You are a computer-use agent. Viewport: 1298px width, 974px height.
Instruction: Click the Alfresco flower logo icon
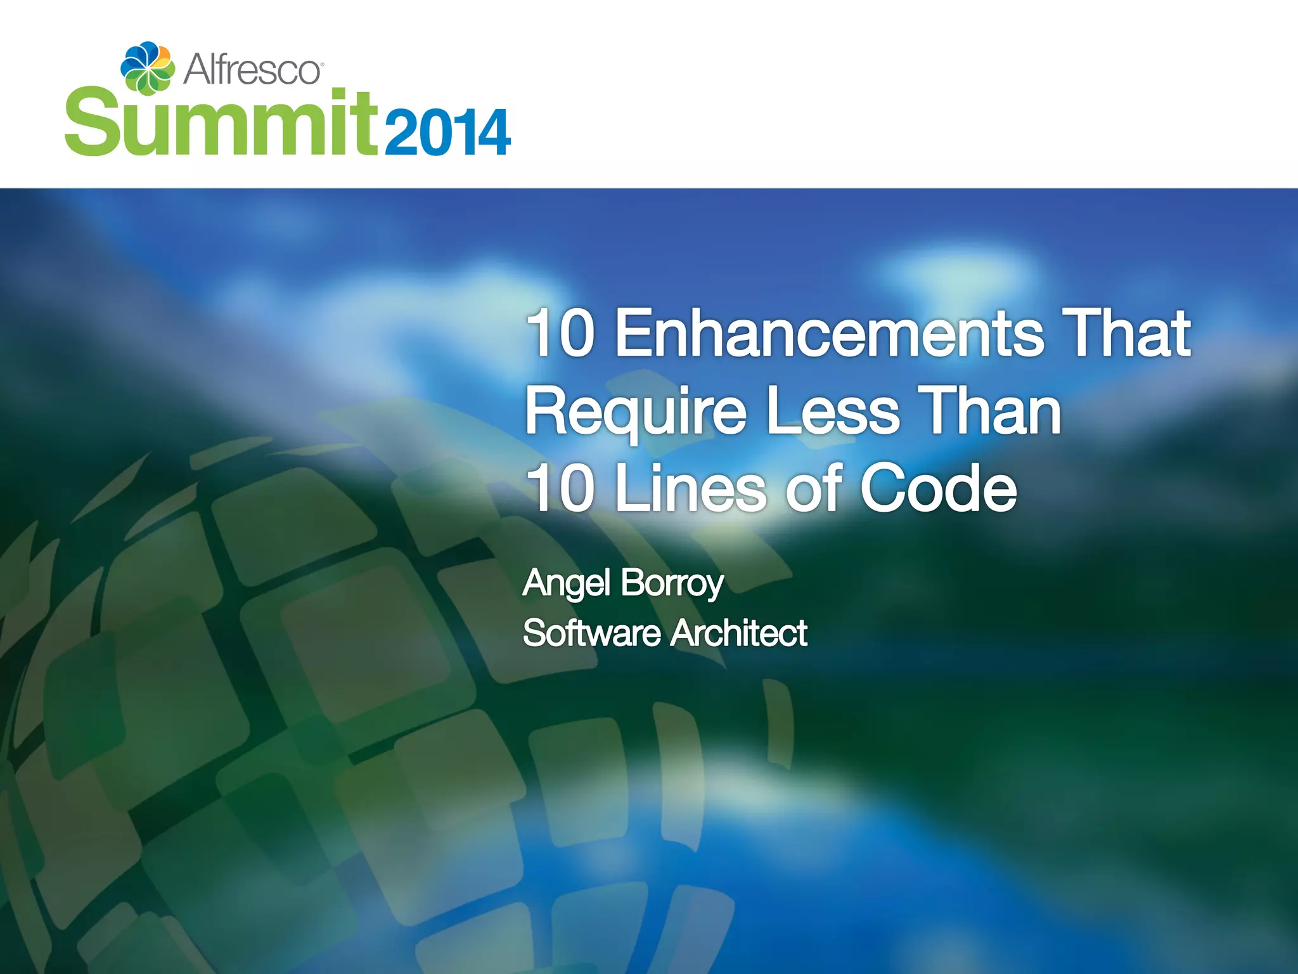[147, 67]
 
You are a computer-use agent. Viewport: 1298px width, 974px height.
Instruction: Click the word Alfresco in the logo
[252, 69]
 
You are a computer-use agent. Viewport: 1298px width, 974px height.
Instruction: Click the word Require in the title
[636, 412]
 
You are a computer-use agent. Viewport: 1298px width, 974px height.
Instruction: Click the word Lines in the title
[691, 488]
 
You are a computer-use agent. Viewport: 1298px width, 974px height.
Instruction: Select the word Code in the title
[938, 488]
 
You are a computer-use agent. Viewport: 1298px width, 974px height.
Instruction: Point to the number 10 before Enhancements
[561, 334]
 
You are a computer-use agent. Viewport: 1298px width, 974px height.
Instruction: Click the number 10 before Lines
[561, 488]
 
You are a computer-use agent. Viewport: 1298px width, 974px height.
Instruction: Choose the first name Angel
[567, 583]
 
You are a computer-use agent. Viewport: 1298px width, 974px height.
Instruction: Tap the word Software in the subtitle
[591, 633]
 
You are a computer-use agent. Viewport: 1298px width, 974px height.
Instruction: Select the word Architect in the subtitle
[739, 633]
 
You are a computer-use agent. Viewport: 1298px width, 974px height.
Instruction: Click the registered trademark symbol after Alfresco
[323, 65]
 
